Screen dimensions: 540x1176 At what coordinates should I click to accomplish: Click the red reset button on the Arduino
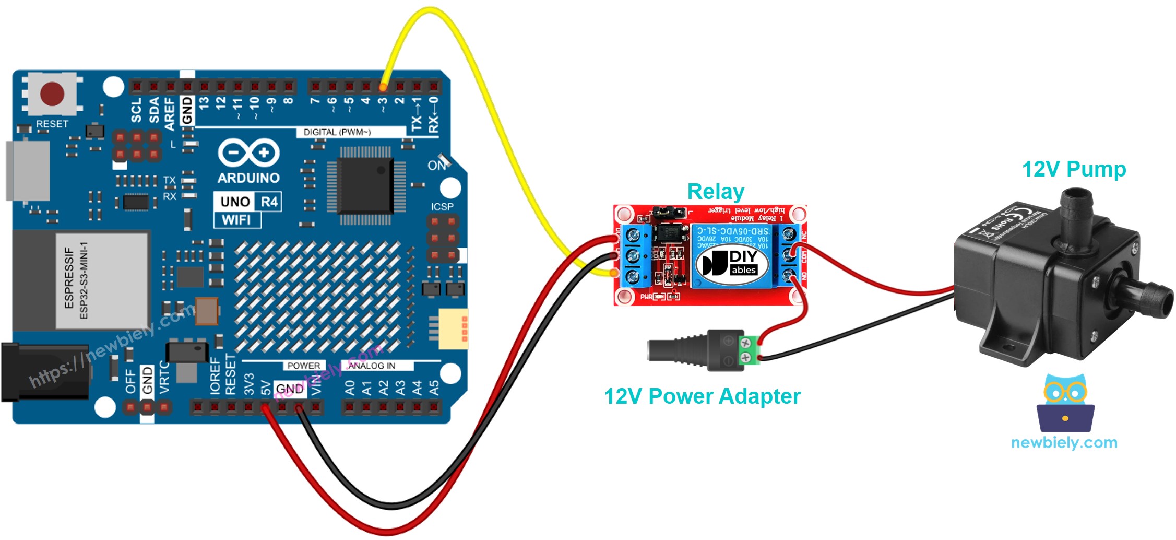52,94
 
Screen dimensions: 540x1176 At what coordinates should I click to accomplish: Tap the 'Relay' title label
715,192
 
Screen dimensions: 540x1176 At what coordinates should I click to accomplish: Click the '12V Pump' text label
1074,169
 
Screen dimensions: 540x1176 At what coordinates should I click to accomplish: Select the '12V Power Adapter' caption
702,396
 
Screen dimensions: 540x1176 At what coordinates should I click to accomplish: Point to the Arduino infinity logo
248,152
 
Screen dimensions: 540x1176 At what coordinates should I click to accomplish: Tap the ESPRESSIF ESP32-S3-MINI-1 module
102,281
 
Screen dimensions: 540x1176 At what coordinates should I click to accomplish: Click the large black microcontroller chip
365,185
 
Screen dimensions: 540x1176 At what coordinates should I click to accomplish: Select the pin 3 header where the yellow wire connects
383,86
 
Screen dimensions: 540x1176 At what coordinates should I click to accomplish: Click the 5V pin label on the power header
266,388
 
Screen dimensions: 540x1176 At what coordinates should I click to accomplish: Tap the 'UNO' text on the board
235,202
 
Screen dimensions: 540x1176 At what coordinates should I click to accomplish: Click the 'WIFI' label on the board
236,220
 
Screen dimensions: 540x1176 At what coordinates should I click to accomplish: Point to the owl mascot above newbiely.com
1065,402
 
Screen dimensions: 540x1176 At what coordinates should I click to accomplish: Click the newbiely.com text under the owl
1064,443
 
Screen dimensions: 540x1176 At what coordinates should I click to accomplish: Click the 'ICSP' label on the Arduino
442,207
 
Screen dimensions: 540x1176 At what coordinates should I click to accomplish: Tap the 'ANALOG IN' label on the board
371,366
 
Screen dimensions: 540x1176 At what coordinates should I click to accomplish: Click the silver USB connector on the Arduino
28,170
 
